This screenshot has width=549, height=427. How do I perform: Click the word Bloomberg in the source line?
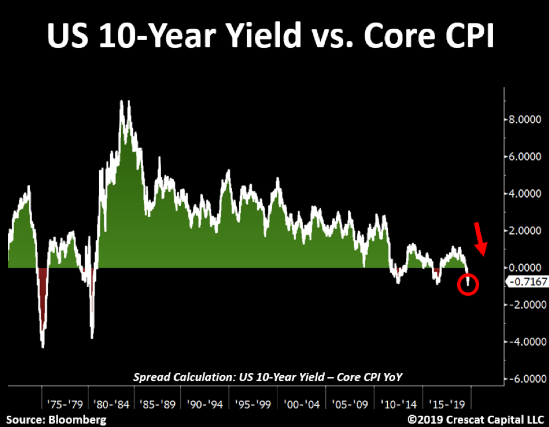77,420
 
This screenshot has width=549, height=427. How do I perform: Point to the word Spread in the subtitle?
150,377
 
